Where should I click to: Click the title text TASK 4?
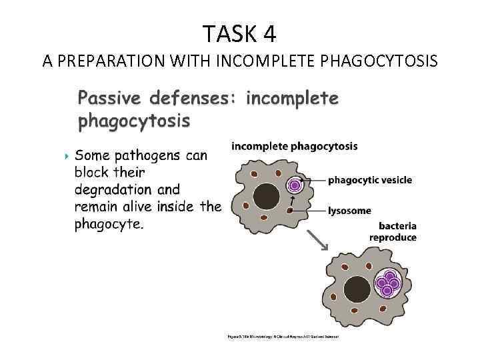coord(239,33)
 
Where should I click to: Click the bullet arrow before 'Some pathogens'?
coord(65,157)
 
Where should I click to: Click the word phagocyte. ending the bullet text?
coord(108,224)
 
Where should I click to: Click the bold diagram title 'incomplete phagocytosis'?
coord(294,146)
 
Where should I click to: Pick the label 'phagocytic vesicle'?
coord(370,180)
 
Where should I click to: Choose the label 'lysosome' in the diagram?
coord(349,211)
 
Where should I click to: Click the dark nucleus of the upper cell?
coord(267,196)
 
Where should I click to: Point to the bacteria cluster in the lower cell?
coord(387,284)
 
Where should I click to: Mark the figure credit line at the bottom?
coord(285,337)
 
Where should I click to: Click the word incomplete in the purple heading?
coord(293,99)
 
